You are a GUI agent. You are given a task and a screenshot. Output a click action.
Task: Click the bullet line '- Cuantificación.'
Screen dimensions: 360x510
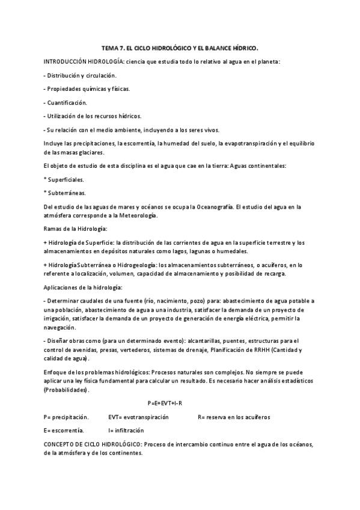click(66, 102)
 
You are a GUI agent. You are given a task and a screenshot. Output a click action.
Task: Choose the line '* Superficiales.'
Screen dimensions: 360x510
click(64, 179)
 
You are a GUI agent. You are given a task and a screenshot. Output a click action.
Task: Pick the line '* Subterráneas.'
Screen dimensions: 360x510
click(64, 193)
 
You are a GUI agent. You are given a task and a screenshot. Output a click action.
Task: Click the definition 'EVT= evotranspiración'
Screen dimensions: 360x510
click(138, 416)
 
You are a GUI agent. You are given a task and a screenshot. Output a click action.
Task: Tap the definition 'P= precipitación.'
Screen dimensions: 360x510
click(66, 416)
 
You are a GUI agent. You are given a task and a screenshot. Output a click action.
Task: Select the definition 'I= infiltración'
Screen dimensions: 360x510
click(126, 430)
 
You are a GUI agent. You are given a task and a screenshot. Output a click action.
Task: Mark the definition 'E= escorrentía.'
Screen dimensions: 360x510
click(64, 430)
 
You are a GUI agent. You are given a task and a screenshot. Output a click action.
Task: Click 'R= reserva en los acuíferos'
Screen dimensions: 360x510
click(234, 416)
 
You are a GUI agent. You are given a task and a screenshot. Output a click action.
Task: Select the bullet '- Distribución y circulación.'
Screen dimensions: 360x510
click(80, 75)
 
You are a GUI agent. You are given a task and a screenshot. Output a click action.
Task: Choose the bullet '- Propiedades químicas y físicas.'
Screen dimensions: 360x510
click(87, 88)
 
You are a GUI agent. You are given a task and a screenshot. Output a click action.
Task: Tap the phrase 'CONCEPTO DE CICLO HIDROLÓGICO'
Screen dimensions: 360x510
click(92, 444)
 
